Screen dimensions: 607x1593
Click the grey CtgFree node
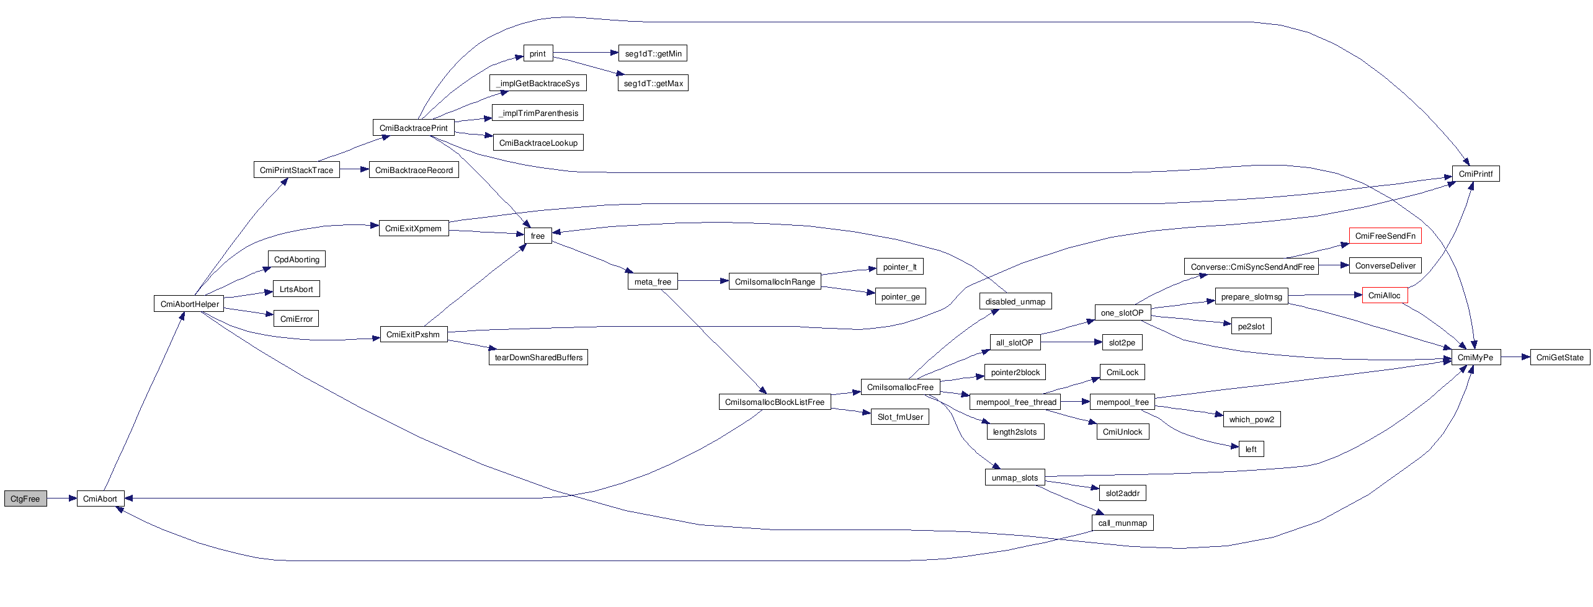[25, 498]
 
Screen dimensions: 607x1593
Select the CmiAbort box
[100, 498]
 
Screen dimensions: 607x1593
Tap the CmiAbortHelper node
[189, 304]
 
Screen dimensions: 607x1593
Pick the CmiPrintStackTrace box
[297, 170]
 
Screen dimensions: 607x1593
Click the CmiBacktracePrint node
[413, 128]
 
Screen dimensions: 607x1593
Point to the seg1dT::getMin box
[653, 53]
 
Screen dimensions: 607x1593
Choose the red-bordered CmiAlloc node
[1384, 296]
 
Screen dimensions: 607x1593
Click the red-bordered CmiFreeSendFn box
[1385, 236]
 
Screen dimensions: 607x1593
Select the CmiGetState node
[1560, 357]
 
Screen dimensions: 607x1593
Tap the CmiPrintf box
[1475, 174]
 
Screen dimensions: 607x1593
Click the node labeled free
[538, 236]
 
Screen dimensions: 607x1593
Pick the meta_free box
[653, 281]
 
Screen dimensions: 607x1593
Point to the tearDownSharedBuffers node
[538, 357]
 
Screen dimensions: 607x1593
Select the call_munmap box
[1122, 523]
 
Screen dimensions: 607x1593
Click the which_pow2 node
[1251, 419]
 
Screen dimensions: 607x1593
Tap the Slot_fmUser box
[900, 417]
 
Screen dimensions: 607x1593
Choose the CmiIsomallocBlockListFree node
[774, 402]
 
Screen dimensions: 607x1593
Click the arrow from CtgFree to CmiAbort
[61, 498]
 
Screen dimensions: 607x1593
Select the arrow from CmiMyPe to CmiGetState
[1515, 357]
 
